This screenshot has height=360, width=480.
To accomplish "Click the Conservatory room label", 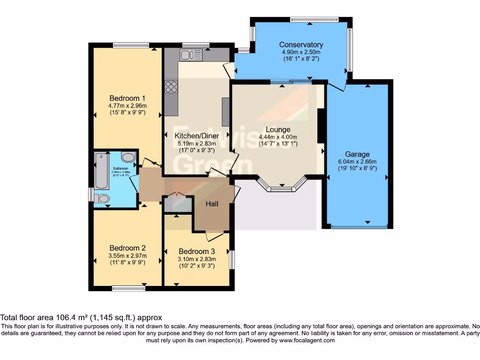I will pos(302,45).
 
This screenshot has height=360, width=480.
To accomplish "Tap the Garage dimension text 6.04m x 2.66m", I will pos(357,162).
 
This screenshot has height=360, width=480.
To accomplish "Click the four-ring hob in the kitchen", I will pos(171,87).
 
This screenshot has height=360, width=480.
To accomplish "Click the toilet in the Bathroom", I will pos(102,199).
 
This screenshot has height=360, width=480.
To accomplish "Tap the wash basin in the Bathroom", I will pos(127,157).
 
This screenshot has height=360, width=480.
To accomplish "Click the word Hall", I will pos(212,203).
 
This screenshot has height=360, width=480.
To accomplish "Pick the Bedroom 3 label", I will pos(196,251).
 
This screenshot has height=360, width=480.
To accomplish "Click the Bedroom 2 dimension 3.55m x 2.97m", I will pos(127,255).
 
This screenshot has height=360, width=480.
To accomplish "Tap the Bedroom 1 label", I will pos(127,98).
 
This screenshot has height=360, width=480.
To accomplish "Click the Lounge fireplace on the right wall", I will pos(321,126).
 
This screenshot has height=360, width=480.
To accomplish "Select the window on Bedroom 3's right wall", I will pos(232,260).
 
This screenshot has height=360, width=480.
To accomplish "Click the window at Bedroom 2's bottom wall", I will pos(128,288).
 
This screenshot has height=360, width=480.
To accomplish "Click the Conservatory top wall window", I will pos(314,20).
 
